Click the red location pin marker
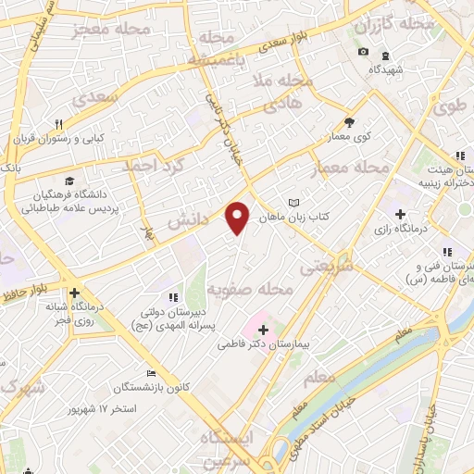[239, 216]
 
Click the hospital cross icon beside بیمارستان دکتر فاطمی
[263, 329]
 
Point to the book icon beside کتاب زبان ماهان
[294, 203]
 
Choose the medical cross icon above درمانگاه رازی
[400, 214]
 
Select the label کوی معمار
[349, 136]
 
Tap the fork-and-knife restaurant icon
[58, 124]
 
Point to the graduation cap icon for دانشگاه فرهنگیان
[70, 181]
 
